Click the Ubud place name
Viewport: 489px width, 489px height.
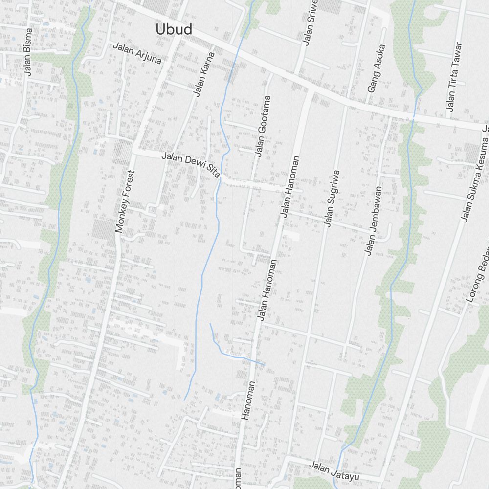pos(174,29)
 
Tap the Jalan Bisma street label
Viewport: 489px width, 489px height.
pos(28,58)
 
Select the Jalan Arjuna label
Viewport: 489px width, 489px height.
pos(137,53)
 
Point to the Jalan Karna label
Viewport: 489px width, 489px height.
pos(204,74)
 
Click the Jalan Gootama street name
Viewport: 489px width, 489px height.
pos(263,126)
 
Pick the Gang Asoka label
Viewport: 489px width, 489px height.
pos(377,69)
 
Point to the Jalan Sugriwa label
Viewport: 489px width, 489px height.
pos(332,199)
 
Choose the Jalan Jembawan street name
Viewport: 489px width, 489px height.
pos(372,220)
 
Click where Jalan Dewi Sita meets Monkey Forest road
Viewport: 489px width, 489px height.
pos(134,151)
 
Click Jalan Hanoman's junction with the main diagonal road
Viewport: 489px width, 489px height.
pos(310,90)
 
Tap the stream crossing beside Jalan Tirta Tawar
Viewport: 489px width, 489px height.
pos(414,118)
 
